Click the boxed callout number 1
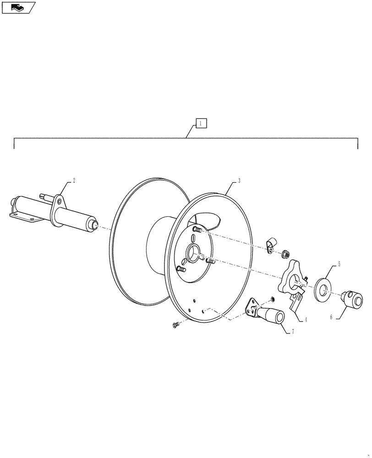pyautogui.click(x=201, y=123)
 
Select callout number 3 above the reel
pyautogui.click(x=239, y=181)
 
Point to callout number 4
pyautogui.click(x=306, y=320)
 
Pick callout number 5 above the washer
pyautogui.click(x=339, y=264)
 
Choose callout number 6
pyautogui.click(x=330, y=316)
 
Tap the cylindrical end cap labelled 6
pyautogui.click(x=353, y=300)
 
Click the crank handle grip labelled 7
pyautogui.click(x=274, y=316)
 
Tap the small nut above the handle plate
pyautogui.click(x=273, y=300)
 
